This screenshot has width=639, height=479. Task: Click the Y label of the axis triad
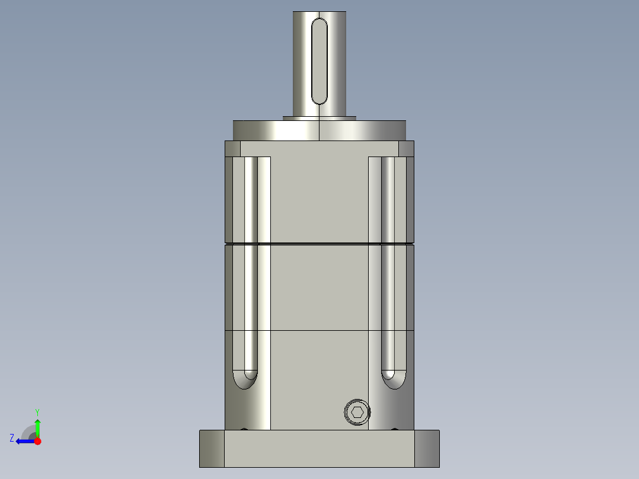[37, 411]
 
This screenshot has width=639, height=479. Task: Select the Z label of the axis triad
[12, 438]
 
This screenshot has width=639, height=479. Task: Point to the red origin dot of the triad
[37, 441]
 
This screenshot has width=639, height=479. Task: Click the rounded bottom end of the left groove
[245, 379]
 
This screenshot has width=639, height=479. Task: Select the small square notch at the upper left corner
[232, 148]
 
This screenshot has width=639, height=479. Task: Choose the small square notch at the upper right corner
[406, 148]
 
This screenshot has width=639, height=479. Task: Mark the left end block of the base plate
[212, 449]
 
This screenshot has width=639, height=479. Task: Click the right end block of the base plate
[427, 449]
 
